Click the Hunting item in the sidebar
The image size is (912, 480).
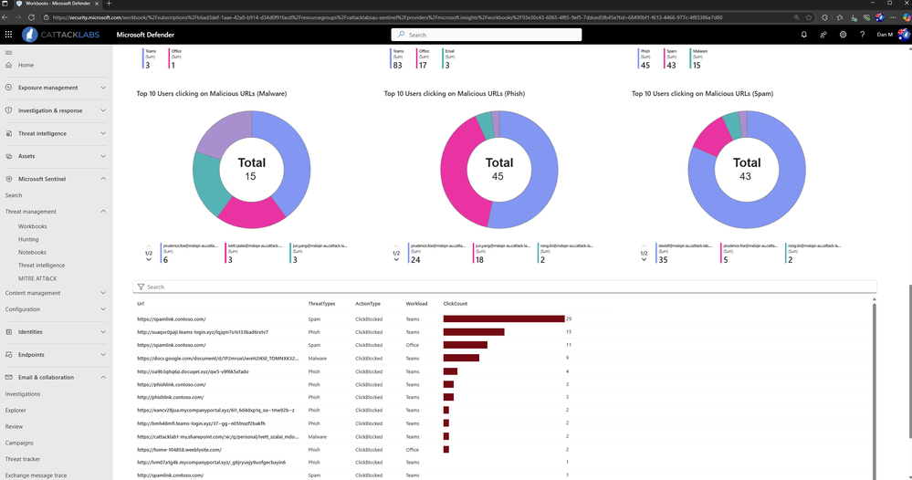tap(28, 239)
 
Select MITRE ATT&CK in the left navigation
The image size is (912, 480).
tap(37, 278)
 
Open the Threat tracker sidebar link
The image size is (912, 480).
tap(23, 459)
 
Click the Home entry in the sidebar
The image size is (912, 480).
tap(26, 66)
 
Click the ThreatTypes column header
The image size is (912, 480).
tap(321, 302)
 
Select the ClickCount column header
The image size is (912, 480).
tap(455, 302)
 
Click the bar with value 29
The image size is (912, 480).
tap(503, 318)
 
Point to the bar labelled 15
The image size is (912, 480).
tap(474, 332)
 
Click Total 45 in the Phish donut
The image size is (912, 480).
tap(498, 169)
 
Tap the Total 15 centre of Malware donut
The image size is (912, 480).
tap(252, 169)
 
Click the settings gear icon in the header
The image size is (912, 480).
tap(843, 35)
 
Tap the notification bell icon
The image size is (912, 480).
tap(803, 35)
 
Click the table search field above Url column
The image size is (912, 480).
tap(502, 287)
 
